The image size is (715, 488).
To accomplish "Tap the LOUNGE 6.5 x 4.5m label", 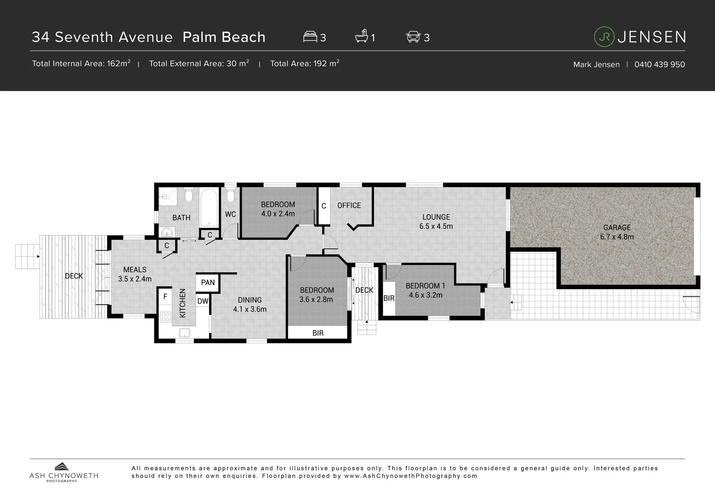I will click(x=436, y=221).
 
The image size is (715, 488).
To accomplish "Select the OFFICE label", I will click(x=349, y=205).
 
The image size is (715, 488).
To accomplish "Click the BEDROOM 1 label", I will click(x=425, y=290).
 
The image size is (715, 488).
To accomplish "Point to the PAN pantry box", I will click(x=208, y=282).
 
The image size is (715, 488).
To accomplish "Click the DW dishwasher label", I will click(x=203, y=301).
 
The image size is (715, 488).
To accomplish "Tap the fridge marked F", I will click(x=165, y=297).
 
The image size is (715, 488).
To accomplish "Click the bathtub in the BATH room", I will click(x=209, y=207).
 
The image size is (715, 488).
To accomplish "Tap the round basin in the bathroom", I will click(x=167, y=232).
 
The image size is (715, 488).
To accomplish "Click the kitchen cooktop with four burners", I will click(x=165, y=317).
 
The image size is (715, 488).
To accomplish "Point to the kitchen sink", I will click(x=184, y=333).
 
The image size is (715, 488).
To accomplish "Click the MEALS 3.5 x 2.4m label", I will click(x=135, y=274).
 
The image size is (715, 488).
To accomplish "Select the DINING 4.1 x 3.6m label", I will click(x=250, y=304).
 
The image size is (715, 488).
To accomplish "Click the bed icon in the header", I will click(x=310, y=37).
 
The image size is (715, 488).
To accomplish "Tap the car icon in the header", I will click(x=413, y=37).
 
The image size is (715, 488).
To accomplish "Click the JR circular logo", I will click(x=604, y=37).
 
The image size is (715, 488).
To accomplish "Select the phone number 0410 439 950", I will click(x=659, y=64).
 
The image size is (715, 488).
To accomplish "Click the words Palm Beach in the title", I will click(x=224, y=37).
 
